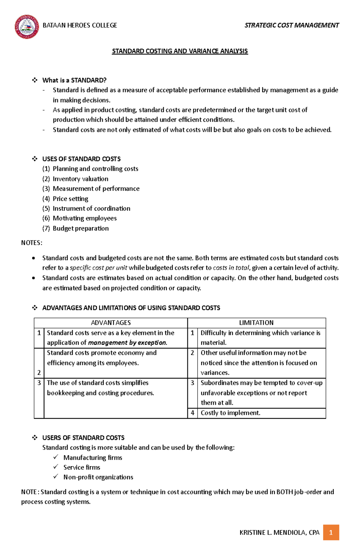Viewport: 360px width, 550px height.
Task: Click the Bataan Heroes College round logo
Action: click(27, 27)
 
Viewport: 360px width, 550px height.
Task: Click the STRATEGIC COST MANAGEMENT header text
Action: click(292, 25)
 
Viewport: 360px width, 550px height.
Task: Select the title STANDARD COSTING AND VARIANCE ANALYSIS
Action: click(180, 51)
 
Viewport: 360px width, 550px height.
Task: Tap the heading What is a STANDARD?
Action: click(74, 80)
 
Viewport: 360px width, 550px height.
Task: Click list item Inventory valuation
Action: click(80, 179)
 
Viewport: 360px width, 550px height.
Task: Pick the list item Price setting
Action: click(70, 199)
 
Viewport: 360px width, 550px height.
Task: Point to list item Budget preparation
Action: click(81, 228)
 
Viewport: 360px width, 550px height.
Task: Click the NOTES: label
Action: click(31, 243)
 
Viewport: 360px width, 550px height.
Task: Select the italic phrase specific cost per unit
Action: click(98, 268)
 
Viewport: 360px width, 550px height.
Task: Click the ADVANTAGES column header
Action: click(111, 323)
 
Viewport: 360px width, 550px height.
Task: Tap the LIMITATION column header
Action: click(256, 323)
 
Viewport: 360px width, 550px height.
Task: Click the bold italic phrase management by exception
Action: click(127, 343)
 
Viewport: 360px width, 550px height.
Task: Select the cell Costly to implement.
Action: click(230, 413)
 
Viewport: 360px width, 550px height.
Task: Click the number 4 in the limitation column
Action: click(192, 413)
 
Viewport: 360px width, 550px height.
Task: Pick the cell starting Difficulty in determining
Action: click(260, 337)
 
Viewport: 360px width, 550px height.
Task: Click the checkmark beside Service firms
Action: click(55, 467)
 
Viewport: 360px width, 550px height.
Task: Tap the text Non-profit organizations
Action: click(98, 477)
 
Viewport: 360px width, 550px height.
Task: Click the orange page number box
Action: click(331, 533)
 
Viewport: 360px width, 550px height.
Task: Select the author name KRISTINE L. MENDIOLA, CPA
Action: click(279, 533)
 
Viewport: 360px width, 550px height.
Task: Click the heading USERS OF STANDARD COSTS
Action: click(83, 438)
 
